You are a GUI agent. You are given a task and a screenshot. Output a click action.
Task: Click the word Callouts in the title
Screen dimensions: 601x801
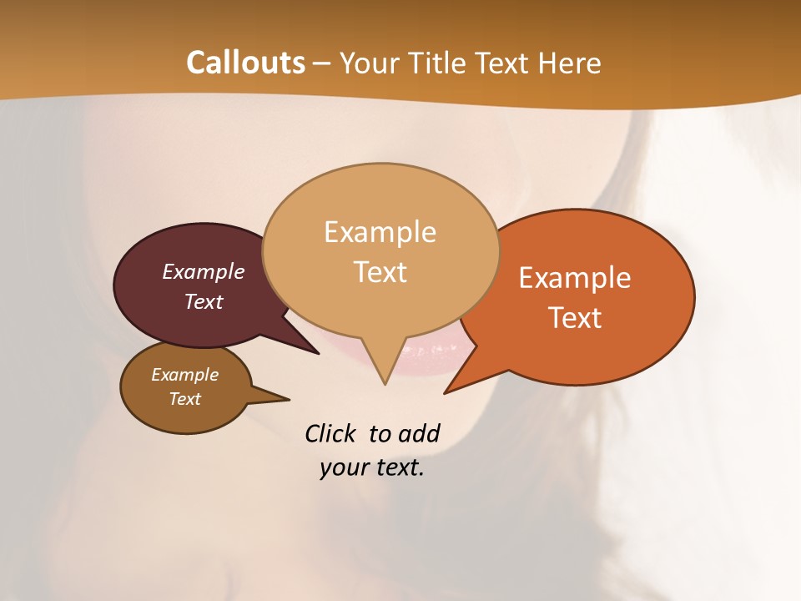tap(245, 63)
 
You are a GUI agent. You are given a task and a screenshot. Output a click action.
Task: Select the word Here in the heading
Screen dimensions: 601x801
tap(570, 63)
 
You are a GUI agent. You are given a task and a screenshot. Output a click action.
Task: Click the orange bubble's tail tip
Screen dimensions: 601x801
tap(446, 391)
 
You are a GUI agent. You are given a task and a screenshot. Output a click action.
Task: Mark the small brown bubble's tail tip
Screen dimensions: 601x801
tap(288, 399)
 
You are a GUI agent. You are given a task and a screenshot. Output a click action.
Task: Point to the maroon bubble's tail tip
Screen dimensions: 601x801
tap(318, 353)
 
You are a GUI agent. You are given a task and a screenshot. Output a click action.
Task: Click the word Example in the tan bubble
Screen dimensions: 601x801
tap(380, 232)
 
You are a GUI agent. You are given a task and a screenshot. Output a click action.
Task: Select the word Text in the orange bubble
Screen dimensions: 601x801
tap(576, 318)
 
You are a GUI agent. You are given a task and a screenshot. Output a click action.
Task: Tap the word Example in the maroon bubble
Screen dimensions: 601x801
tap(203, 272)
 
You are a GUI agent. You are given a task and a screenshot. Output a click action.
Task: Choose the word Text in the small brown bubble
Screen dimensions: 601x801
tap(185, 399)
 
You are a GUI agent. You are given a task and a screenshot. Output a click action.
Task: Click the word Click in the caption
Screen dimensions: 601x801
tap(330, 434)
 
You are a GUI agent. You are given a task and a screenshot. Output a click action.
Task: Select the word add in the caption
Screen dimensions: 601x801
tap(419, 434)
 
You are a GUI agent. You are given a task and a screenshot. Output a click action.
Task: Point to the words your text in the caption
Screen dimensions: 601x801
tap(371, 467)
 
